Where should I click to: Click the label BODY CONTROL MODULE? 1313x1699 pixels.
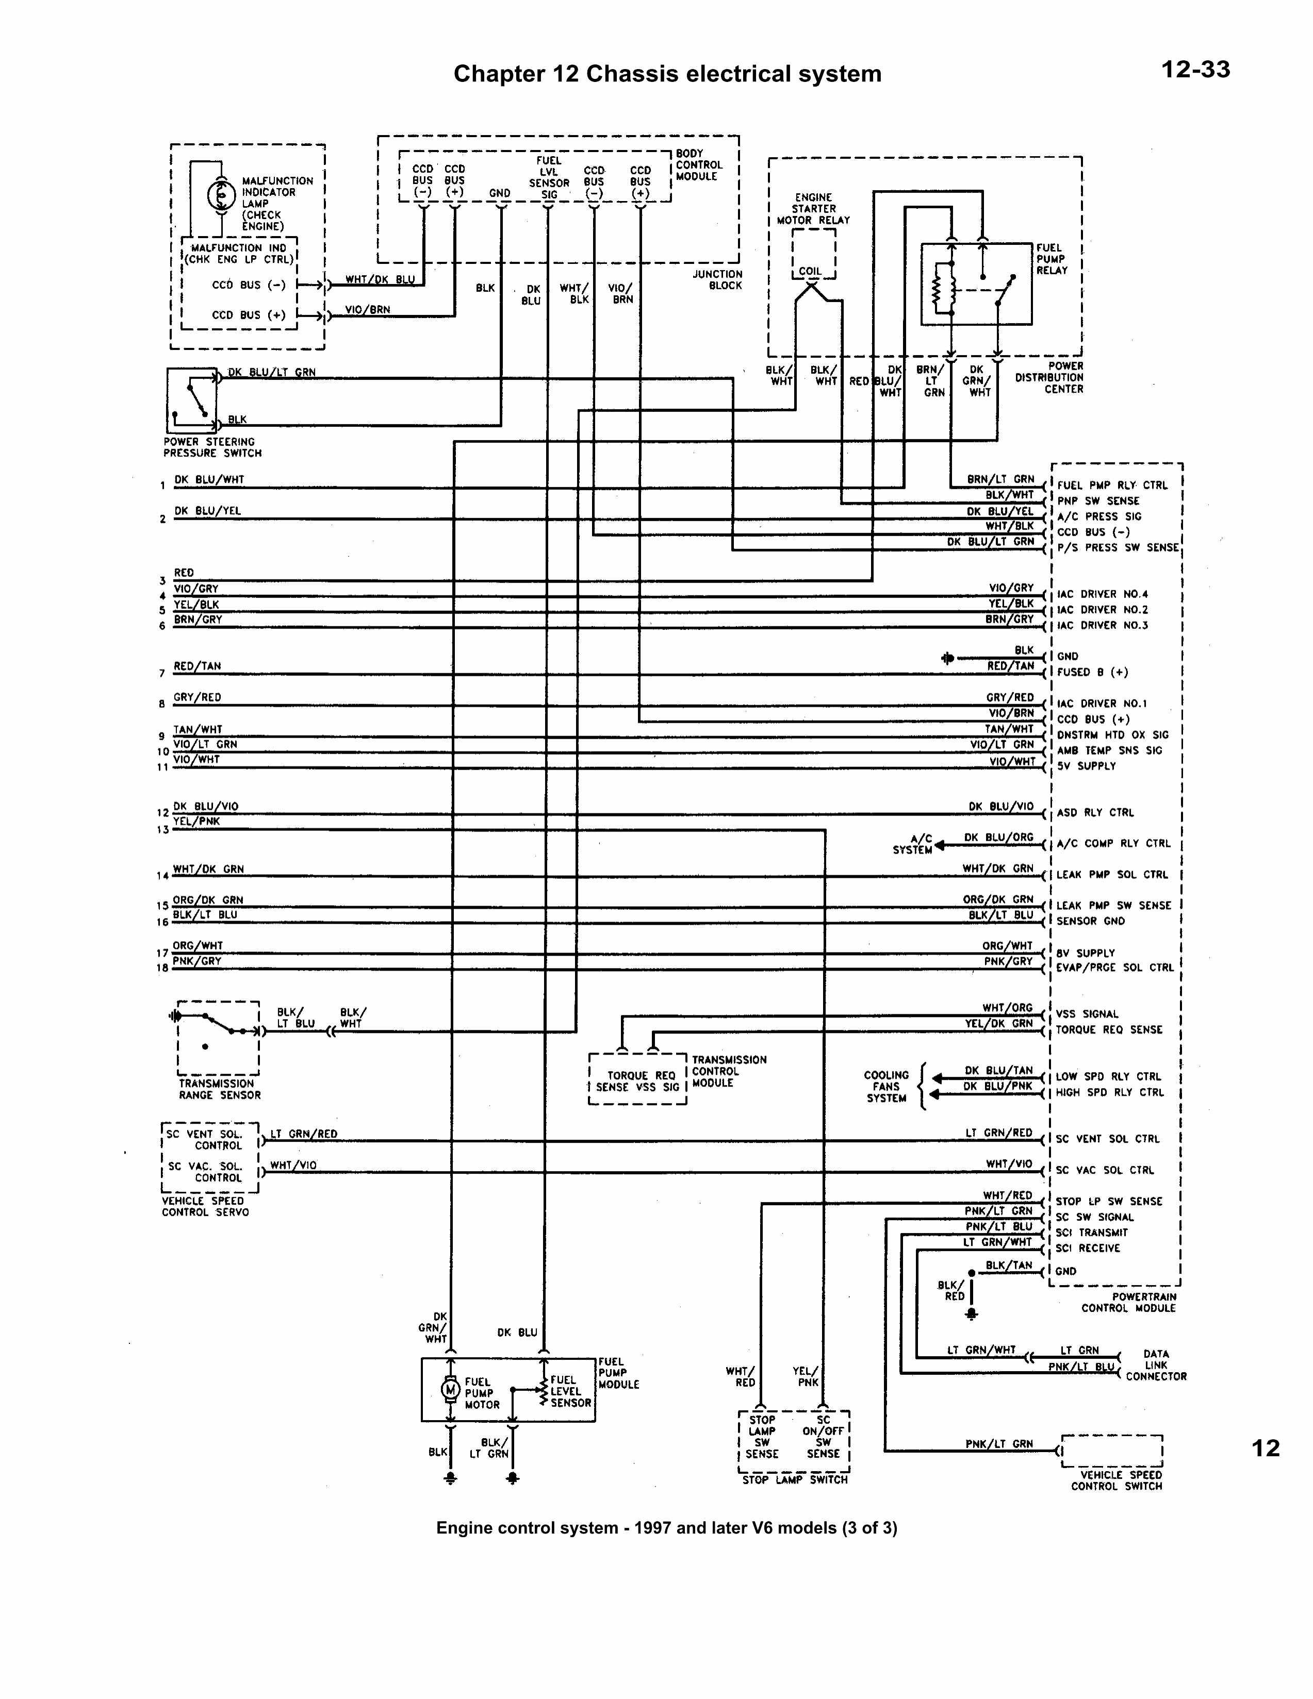coord(698,165)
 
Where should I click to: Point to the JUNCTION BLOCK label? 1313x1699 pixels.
coord(717,280)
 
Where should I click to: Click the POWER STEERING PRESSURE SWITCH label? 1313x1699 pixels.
coord(212,447)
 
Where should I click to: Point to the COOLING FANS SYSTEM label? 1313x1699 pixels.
coord(887,1087)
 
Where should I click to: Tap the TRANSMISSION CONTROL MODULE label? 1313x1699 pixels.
coord(729,1071)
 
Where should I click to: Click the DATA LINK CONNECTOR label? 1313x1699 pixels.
coord(1156,1365)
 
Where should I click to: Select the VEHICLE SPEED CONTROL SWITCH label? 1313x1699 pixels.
coord(1116,1480)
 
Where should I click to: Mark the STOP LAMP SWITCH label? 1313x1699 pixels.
coord(794,1479)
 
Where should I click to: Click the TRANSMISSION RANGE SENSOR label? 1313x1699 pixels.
coord(220,1089)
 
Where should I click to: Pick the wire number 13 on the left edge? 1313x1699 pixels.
coord(162,830)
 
